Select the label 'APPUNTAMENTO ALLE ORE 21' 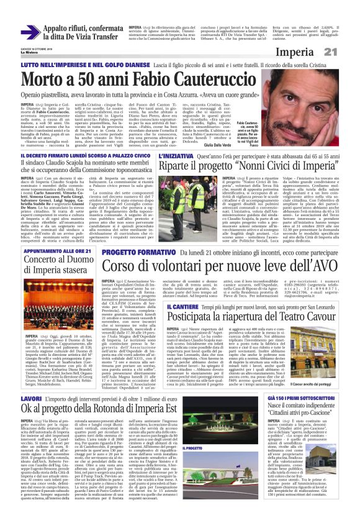(x=47, y=253)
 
